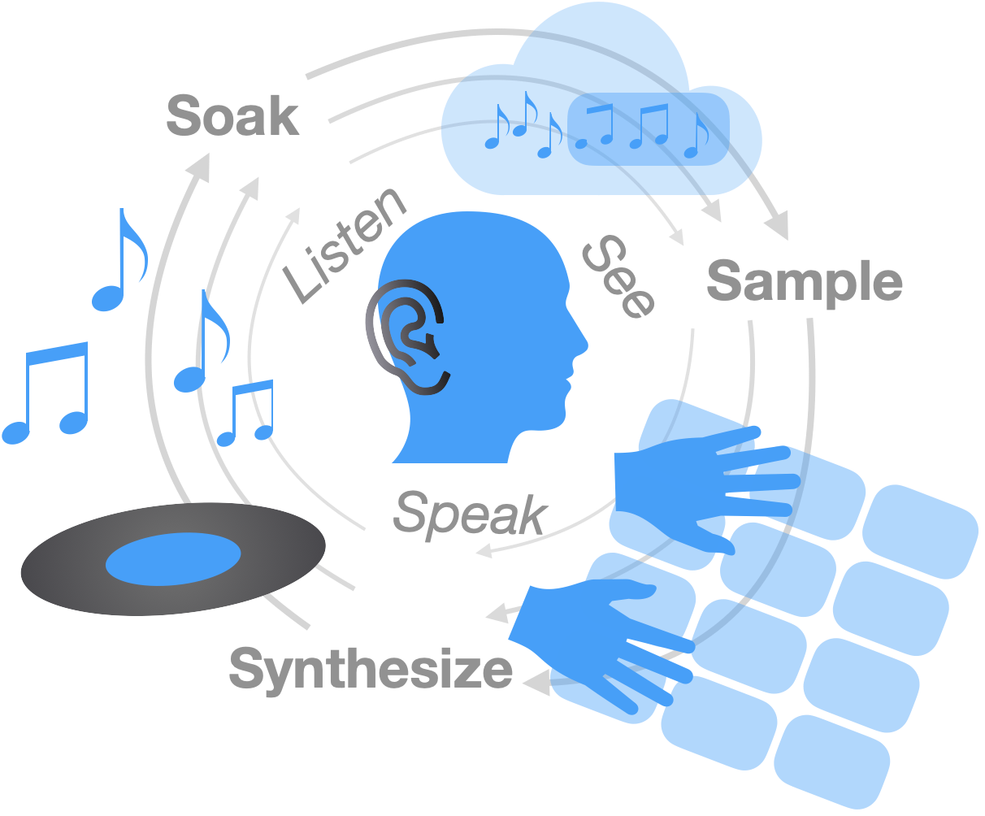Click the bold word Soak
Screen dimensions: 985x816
tap(233, 115)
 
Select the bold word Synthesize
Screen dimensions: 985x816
tap(371, 670)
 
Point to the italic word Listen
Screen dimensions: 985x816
tap(345, 245)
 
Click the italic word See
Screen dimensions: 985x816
tap(618, 277)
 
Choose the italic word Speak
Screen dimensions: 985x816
tap(470, 515)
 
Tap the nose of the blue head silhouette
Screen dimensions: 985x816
tap(581, 341)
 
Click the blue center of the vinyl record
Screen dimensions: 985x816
tap(173, 559)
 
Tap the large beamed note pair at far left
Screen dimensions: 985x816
tap(46, 393)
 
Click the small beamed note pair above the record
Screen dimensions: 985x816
tap(245, 413)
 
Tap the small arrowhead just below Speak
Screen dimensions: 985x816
tap(484, 550)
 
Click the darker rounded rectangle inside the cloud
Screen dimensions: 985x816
tap(649, 128)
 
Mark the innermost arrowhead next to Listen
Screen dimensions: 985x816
tap(294, 215)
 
